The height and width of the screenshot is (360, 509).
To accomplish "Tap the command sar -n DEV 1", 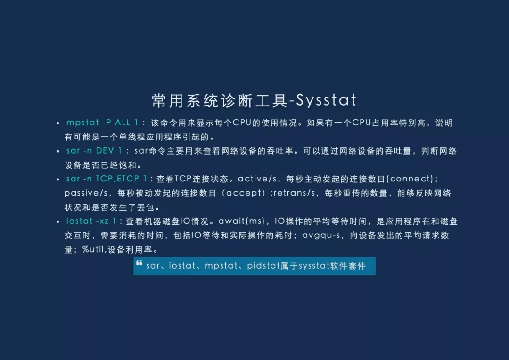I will (94, 151).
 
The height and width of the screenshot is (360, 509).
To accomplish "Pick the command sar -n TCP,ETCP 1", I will (107, 179).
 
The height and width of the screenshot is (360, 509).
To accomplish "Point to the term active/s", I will (257, 179).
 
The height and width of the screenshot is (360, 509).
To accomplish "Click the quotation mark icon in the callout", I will (140, 263).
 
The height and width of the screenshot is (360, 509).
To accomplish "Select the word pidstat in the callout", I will (263, 266).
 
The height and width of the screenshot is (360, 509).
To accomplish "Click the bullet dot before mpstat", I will (57, 123).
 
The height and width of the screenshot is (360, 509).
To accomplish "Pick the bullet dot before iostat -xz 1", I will (57, 221).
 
